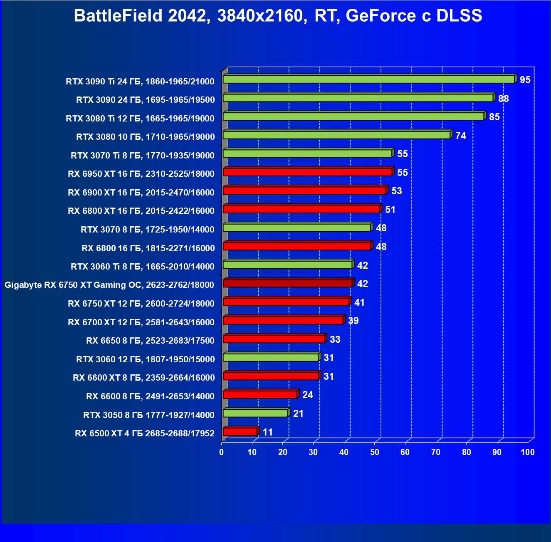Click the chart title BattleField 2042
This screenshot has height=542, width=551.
[278, 16]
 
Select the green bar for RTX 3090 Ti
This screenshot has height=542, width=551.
[368, 79]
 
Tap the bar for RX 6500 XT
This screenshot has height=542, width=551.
[240, 432]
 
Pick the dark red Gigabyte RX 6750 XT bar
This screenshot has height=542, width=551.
[287, 284]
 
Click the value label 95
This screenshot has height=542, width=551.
[525, 80]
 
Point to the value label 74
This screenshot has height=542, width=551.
[461, 136]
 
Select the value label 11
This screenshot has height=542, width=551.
[268, 432]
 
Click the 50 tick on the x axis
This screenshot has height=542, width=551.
[375, 452]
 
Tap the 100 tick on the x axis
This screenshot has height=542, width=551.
[528, 452]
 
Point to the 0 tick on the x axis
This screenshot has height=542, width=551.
[222, 452]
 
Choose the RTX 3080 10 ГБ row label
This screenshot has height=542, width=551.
[146, 137]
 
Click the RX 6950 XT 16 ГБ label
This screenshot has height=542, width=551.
[141, 174]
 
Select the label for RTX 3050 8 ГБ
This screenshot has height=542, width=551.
[149, 415]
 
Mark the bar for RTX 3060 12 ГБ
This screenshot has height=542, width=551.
[271, 357]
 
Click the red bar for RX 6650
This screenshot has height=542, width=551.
[274, 339]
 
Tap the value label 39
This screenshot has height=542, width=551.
[353, 321]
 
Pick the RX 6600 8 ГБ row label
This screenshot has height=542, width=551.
[150, 396]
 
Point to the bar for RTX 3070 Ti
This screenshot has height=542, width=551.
[307, 153]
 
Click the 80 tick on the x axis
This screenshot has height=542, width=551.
[467, 452]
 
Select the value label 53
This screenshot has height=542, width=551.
[397, 191]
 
